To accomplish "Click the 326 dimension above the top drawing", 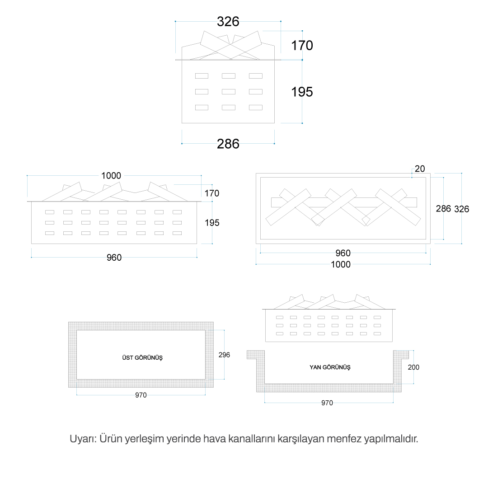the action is tap(228, 22).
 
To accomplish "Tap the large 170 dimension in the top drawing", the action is tap(302, 46).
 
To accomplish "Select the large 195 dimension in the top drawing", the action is tap(302, 92).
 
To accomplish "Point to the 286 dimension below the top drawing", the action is tap(228, 144).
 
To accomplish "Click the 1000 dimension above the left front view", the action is tap(111, 175).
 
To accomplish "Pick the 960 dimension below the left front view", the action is tap(114, 258).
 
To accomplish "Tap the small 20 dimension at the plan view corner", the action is tap(419, 169).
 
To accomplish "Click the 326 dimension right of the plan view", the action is tap(461, 209).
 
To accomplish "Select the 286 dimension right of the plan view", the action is tap(443, 208).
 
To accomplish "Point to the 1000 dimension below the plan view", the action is tap(341, 264).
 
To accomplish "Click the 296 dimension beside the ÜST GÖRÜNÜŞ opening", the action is tap(224, 355).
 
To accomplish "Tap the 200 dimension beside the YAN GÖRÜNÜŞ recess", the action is tap(413, 367).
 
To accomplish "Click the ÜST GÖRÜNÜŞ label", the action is tap(142, 357).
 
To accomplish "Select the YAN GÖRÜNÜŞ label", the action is tap(330, 367).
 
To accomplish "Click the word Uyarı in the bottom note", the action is tap(83, 439).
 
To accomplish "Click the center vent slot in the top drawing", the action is tap(229, 91).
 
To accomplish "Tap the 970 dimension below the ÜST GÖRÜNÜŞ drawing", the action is tap(141, 395).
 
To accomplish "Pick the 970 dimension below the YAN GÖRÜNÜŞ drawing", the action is tap(327, 403).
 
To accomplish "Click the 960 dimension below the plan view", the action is tap(343, 253).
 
